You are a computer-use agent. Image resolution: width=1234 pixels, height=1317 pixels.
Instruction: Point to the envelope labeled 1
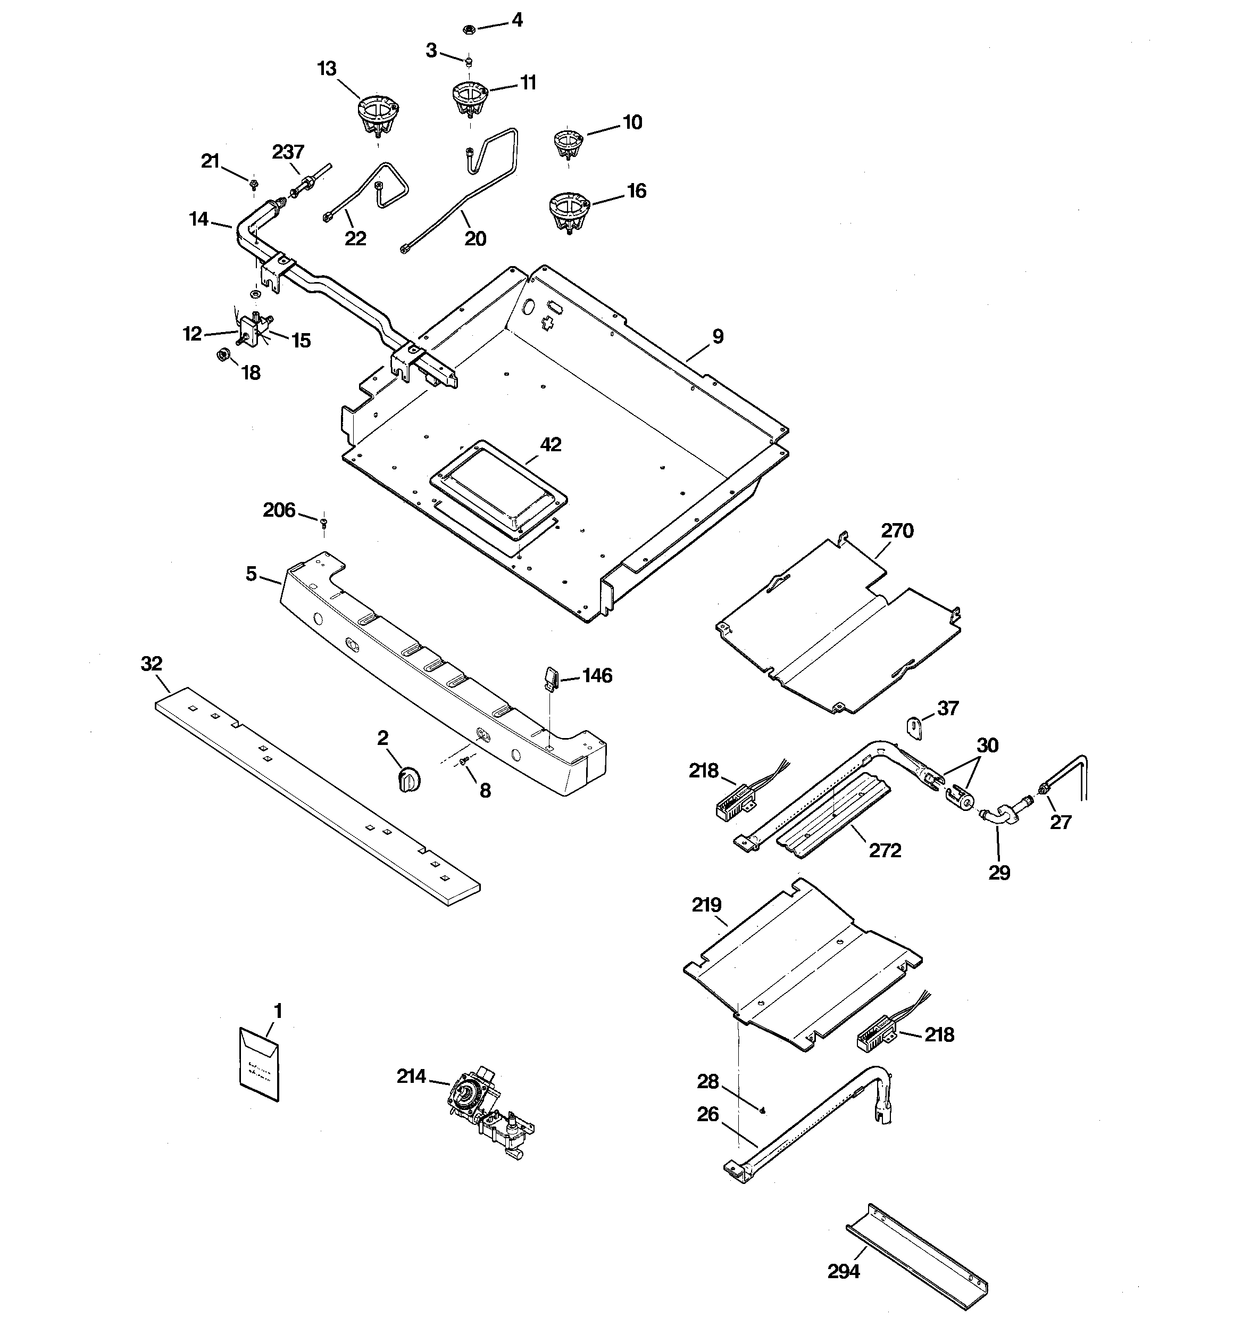(259, 1064)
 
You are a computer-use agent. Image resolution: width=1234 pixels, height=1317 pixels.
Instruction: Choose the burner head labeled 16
(570, 211)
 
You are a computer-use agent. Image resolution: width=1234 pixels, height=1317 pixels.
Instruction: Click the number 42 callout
(551, 444)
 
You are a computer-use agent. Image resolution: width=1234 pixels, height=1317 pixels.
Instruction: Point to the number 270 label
(897, 531)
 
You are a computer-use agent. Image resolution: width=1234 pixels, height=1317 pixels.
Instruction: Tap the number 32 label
(152, 663)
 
